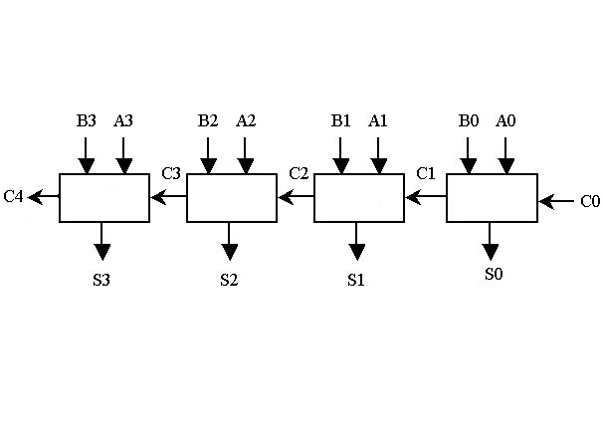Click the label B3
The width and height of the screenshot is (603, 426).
(x=87, y=121)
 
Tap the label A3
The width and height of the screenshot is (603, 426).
(x=123, y=121)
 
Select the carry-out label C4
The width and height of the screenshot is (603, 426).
(x=13, y=196)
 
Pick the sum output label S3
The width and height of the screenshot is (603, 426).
(x=101, y=279)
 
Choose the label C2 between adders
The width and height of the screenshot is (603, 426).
(x=299, y=173)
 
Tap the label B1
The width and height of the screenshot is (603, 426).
(x=341, y=121)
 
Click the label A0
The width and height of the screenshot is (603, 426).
(x=505, y=121)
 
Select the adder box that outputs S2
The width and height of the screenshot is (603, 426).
(x=232, y=197)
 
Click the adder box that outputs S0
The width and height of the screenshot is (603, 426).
(x=492, y=197)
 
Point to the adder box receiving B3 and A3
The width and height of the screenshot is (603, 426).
(x=104, y=197)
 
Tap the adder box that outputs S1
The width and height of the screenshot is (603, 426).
(x=359, y=197)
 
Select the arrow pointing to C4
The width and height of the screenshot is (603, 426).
(x=44, y=197)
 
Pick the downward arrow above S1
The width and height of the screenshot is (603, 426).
(x=358, y=242)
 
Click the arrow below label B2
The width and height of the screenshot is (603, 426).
(x=208, y=155)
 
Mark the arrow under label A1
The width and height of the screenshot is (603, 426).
(x=378, y=155)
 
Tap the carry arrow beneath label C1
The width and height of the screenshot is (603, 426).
(x=426, y=197)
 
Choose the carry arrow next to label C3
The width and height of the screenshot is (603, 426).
(x=169, y=197)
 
